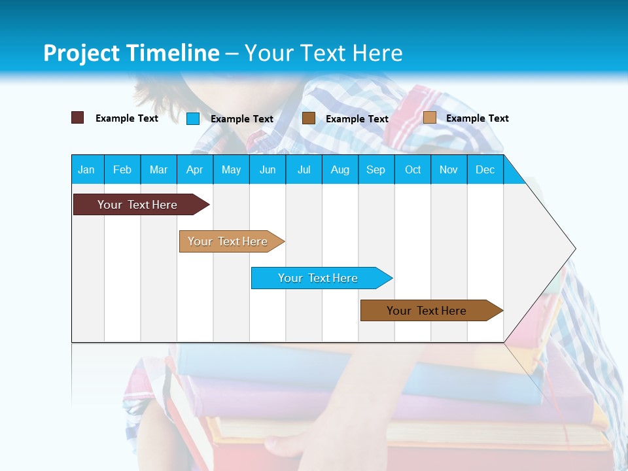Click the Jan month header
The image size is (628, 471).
coord(87,169)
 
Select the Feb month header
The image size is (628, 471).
coord(122,169)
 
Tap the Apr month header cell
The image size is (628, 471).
coord(195,169)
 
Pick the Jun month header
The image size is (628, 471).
coord(268,169)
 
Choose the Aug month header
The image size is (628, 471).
coord(340,169)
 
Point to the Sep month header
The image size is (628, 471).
coord(376,169)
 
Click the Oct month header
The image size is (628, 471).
coord(413,169)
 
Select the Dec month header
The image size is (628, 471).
coord(485,169)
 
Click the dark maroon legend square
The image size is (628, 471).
coord(78,118)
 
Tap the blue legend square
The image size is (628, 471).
coord(193,118)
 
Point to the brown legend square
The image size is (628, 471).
coord(309,118)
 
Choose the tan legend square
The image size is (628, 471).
coord(430,118)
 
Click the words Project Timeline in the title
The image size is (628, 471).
coord(131,53)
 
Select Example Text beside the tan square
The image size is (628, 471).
coord(477,118)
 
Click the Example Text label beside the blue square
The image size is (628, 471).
coord(241,118)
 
